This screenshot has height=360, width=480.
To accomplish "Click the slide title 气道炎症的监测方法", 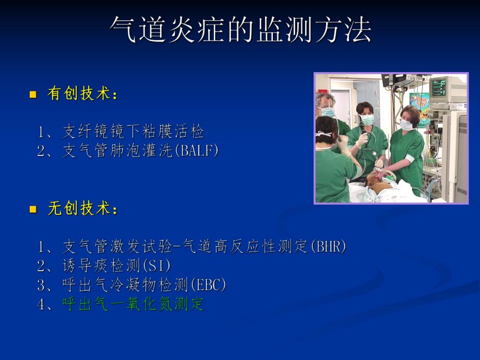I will [241, 30].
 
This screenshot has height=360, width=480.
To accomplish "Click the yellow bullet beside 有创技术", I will [33, 94].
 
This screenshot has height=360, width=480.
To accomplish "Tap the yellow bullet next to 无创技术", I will [33, 210].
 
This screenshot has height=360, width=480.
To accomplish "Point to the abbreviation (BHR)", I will [328, 246].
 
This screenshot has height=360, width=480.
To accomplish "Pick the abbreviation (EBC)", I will [208, 285].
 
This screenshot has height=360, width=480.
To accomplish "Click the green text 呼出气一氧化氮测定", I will [133, 304].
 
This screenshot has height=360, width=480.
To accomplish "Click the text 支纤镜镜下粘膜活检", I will [133, 131].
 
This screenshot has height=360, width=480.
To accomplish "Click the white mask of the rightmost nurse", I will [406, 125].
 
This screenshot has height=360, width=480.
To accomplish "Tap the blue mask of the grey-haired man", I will [328, 111].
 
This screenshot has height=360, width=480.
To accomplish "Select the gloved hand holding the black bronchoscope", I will [362, 140].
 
